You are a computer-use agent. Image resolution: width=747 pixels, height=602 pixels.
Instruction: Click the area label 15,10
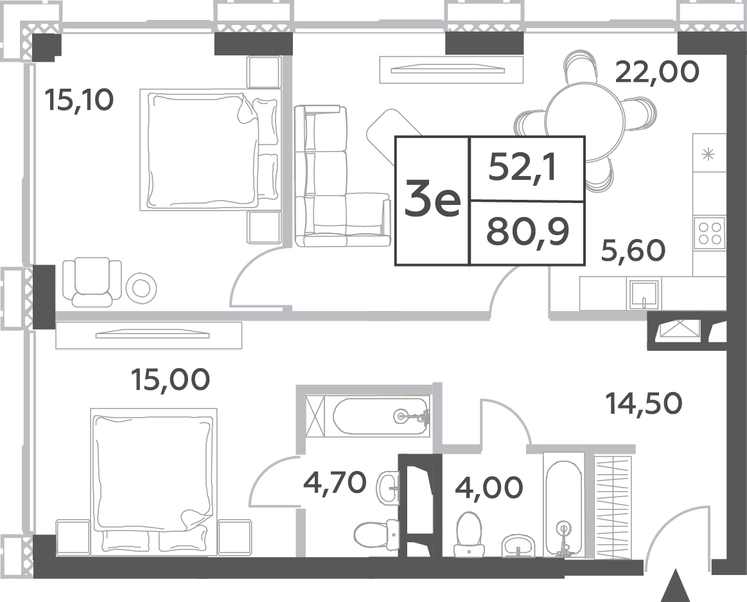click(x=79, y=100)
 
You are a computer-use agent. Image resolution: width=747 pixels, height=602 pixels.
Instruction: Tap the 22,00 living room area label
click(x=658, y=72)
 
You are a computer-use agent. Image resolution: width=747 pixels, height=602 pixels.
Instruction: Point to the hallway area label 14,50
click(x=644, y=403)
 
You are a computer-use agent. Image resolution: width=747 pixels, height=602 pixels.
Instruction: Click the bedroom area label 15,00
click(x=171, y=380)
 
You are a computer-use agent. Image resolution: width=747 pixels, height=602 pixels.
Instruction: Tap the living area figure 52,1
click(x=523, y=168)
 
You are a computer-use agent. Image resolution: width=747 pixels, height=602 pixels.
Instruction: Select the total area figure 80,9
click(x=527, y=232)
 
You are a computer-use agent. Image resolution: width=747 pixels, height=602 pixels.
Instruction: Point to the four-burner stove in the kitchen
click(x=709, y=232)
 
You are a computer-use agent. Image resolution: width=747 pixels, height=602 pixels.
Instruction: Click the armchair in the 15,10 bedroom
click(x=92, y=281)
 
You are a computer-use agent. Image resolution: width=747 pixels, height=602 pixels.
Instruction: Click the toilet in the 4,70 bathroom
click(x=377, y=535)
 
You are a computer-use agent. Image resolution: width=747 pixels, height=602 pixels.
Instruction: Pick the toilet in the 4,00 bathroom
click(x=468, y=535)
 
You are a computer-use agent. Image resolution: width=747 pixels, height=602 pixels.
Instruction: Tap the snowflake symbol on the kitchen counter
click(x=709, y=154)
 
